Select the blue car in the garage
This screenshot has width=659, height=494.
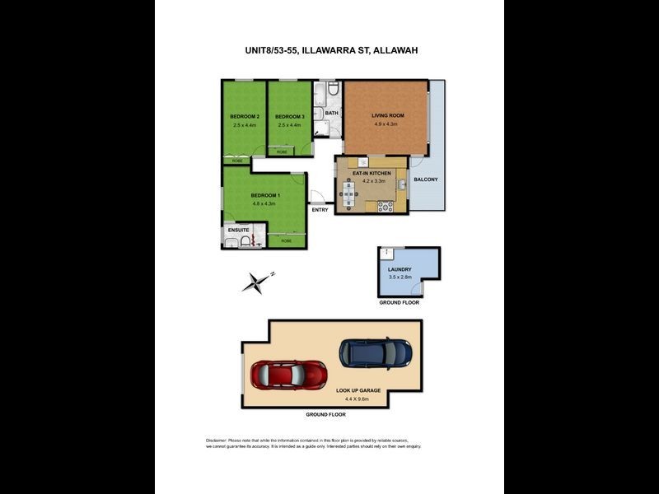click(x=375, y=353)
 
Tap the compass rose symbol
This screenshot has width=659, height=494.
click(x=257, y=282)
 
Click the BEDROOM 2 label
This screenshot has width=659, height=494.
click(x=245, y=116)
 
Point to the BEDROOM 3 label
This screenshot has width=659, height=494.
click(x=290, y=116)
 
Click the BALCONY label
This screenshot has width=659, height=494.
click(x=425, y=179)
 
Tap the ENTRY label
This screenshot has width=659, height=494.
click(x=320, y=210)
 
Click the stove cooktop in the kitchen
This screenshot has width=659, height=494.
click(x=385, y=207)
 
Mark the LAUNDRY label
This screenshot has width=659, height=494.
click(x=400, y=269)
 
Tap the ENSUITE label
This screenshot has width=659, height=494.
click(x=238, y=230)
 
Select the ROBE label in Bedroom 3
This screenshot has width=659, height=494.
click(x=283, y=152)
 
